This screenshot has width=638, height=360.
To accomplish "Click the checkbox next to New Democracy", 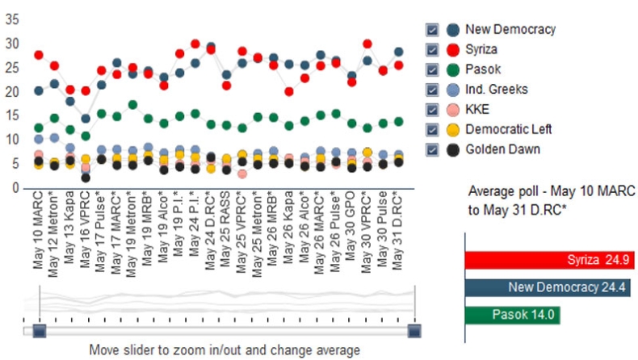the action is (x=432, y=30).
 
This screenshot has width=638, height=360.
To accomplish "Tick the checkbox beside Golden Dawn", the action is (x=432, y=149).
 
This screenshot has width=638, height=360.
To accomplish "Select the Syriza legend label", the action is (x=481, y=49).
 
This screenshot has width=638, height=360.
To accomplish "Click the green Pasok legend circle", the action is (x=453, y=69).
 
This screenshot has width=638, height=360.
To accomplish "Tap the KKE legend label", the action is (x=477, y=110).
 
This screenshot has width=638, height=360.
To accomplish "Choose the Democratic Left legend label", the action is (x=509, y=129).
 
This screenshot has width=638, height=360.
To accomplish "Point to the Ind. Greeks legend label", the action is (x=497, y=90).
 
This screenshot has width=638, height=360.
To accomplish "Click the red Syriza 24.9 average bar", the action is (x=549, y=260).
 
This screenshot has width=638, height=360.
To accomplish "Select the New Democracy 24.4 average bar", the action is (x=548, y=287).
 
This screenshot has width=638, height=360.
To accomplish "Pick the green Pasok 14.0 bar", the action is (x=513, y=315).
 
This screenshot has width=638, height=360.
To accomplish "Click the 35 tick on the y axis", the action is (x=12, y=19).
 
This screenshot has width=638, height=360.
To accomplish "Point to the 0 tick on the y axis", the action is (x=15, y=188).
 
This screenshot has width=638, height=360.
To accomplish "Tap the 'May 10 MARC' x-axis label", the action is (x=38, y=230).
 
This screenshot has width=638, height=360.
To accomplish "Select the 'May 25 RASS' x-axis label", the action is (x=225, y=229).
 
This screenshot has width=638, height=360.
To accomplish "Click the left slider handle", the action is (x=39, y=331).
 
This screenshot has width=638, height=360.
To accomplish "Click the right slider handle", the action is (x=414, y=331).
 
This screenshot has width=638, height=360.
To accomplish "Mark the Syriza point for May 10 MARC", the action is (x=39, y=55).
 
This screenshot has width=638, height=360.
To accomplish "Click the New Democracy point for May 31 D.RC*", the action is (x=398, y=52).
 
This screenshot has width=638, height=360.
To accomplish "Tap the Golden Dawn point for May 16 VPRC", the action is (x=86, y=178).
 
